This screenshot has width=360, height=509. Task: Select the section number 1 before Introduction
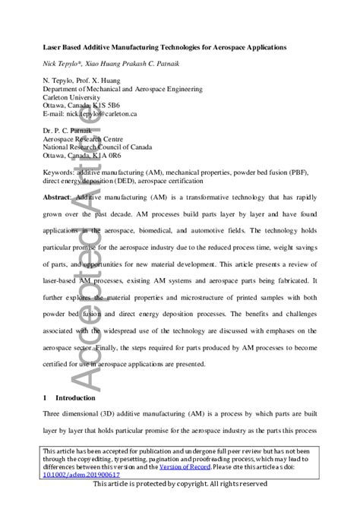point(45,398)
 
